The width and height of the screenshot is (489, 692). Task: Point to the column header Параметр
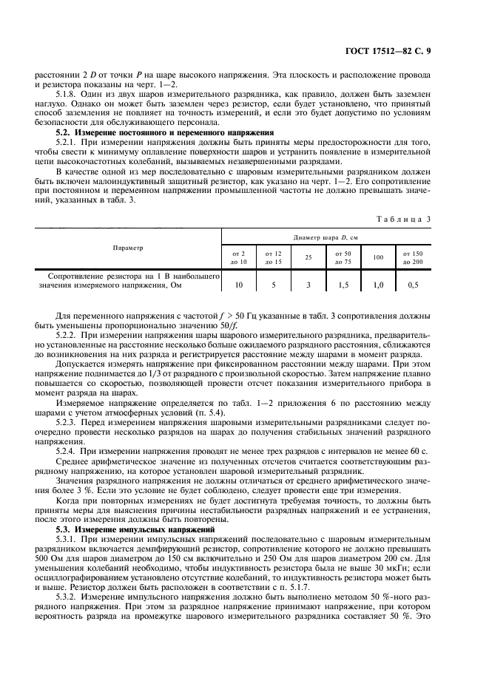[128, 247]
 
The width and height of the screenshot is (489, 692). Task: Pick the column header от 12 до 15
[274, 258]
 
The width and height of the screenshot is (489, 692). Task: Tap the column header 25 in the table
[309, 258]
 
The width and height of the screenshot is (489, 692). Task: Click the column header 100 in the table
[379, 258]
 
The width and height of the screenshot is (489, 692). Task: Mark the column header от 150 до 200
[413, 258]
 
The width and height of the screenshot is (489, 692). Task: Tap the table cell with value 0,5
[413, 284]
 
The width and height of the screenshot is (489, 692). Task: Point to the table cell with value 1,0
[379, 284]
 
